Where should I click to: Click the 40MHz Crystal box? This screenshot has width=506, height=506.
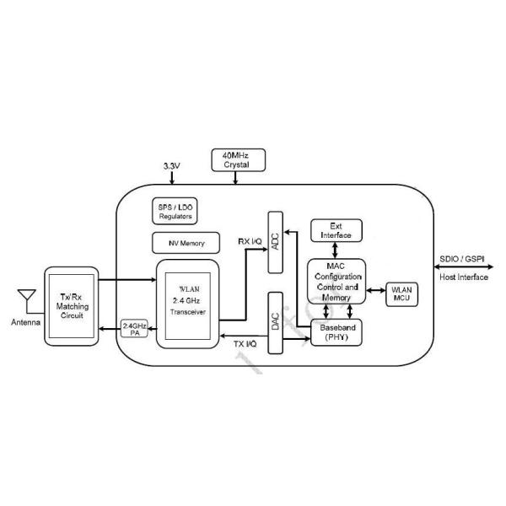pyautogui.click(x=237, y=159)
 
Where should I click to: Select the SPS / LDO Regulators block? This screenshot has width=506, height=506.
pyautogui.click(x=175, y=212)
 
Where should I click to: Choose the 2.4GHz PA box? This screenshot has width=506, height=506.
pyautogui.click(x=134, y=329)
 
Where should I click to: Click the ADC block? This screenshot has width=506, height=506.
pyautogui.click(x=274, y=242)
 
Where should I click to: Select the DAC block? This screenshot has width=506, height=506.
pyautogui.click(x=274, y=322)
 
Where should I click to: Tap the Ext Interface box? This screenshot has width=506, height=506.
pyautogui.click(x=336, y=229)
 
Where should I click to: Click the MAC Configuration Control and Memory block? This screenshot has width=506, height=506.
pyautogui.click(x=337, y=282)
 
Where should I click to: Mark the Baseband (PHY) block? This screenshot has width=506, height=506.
pyautogui.click(x=337, y=333)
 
